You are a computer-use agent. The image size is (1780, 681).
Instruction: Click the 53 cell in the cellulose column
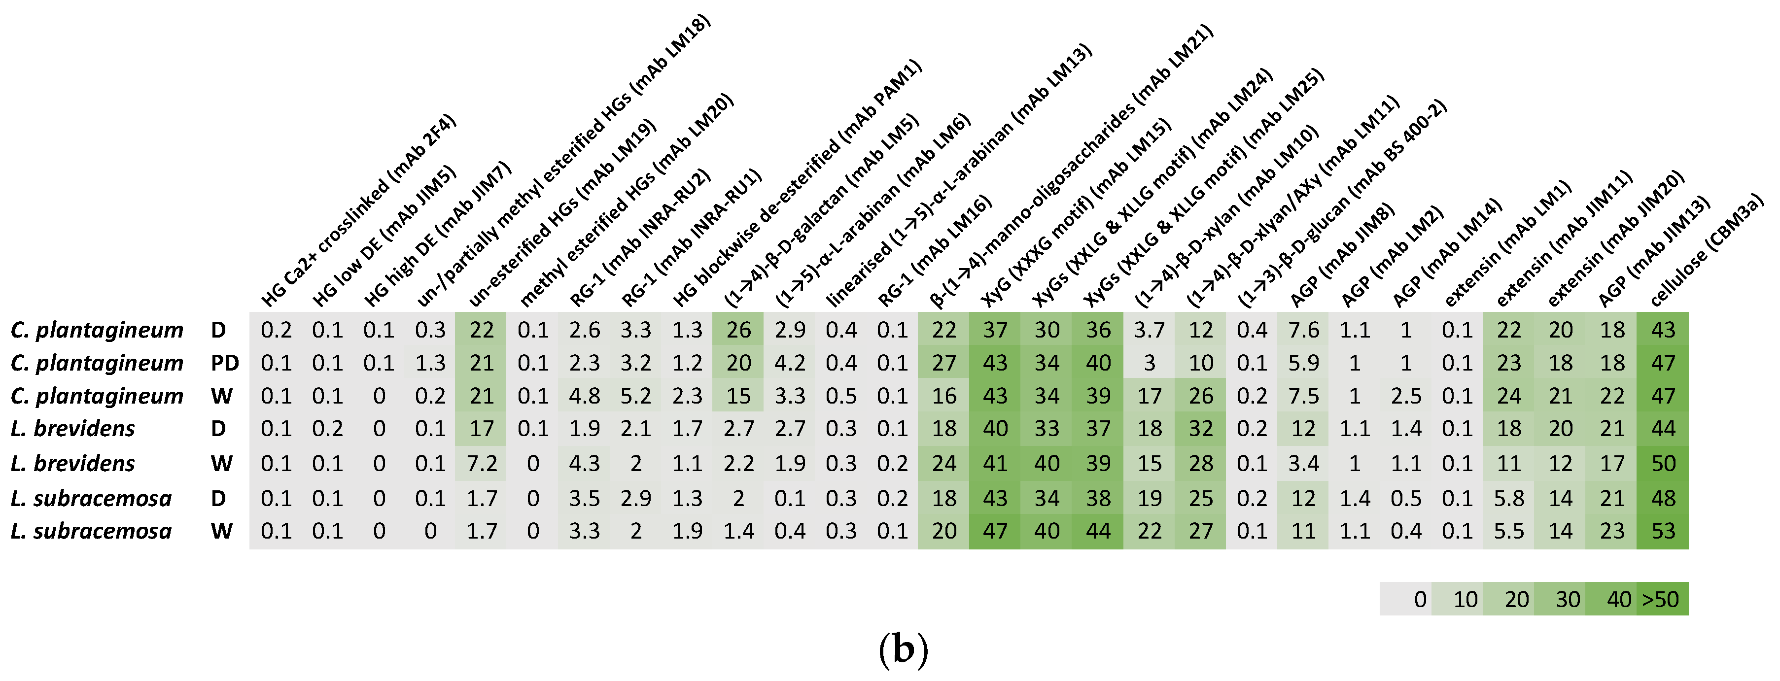coord(1663,531)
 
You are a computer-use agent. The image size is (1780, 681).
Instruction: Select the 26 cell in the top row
coord(738,330)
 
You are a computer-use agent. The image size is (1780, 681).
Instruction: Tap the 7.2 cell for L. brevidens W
coord(482,463)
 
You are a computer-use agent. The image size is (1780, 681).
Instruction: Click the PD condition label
coord(225,363)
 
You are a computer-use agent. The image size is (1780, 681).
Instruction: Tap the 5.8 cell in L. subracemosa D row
coord(1508,498)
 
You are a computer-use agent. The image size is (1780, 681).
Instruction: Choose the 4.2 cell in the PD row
coord(789,363)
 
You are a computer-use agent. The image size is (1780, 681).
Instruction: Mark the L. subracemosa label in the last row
coord(91,531)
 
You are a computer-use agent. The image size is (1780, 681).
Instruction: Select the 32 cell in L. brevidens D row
coord(1201,429)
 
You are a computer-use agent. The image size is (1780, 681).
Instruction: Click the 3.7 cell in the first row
coord(1149,330)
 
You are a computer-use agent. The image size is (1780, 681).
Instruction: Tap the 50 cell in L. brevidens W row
coord(1663,463)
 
